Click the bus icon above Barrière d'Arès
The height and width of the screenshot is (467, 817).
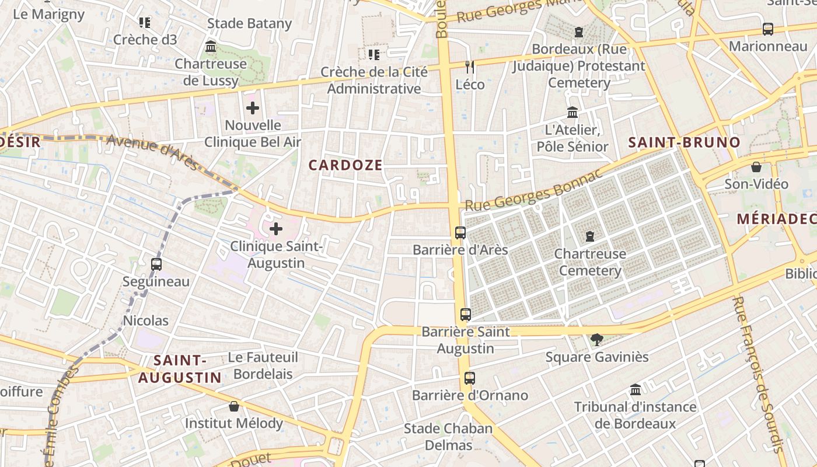(x=460, y=233)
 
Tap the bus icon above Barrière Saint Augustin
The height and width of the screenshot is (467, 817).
(x=465, y=315)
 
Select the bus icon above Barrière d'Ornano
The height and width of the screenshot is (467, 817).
(x=470, y=378)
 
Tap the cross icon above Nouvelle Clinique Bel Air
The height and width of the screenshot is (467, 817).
(x=253, y=108)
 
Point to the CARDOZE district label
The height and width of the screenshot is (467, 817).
(x=345, y=165)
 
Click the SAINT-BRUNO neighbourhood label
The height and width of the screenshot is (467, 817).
(x=684, y=142)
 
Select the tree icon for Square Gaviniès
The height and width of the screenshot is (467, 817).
(x=597, y=339)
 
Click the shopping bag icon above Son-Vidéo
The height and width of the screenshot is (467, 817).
(x=756, y=167)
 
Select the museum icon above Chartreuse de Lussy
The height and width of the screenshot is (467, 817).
(x=211, y=47)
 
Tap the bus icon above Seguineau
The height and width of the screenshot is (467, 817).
(x=156, y=264)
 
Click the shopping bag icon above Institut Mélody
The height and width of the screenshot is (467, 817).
(x=234, y=406)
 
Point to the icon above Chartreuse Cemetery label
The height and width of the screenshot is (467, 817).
(x=590, y=236)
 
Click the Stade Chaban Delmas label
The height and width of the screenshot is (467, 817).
(x=448, y=437)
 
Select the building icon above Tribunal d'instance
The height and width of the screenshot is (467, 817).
(x=636, y=389)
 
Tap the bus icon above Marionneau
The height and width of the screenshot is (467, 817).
(x=768, y=29)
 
